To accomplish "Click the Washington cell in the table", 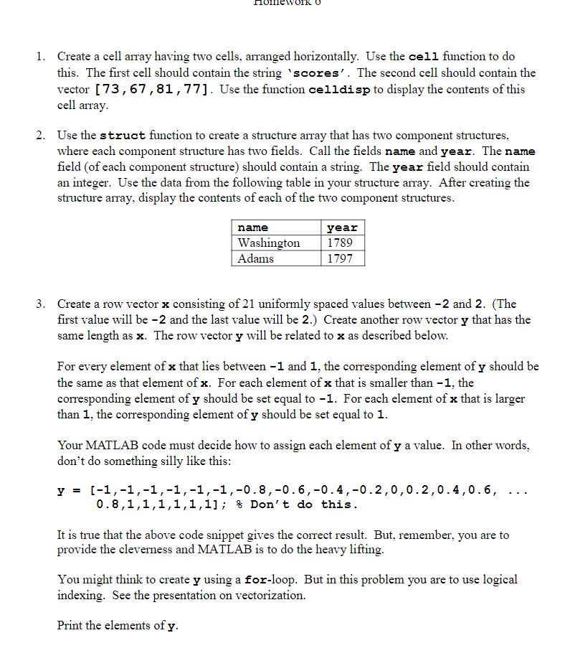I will click(x=269, y=243).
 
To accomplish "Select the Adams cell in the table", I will click(x=255, y=258).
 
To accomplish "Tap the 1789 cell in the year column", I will click(x=340, y=243).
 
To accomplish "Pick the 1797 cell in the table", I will click(x=340, y=258).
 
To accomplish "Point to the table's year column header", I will click(x=342, y=228).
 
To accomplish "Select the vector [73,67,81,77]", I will click(x=151, y=90).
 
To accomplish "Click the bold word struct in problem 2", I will click(x=122, y=136).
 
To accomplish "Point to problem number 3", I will click(x=42, y=304).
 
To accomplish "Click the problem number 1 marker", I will click(x=42, y=56).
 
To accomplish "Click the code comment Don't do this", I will click(x=301, y=505).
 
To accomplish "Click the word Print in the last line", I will click(x=70, y=626).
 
